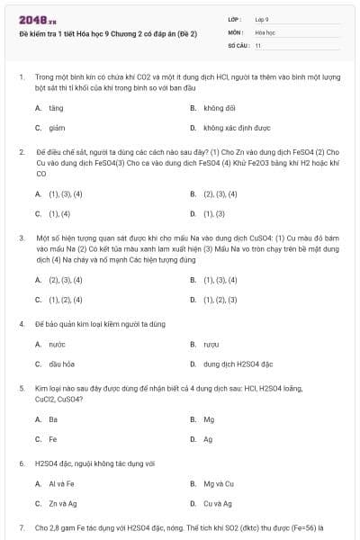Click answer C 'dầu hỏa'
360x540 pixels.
point(61,364)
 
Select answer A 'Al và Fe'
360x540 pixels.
point(61,483)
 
